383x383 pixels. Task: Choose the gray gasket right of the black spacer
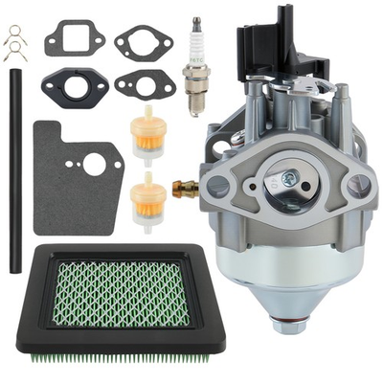(145, 84)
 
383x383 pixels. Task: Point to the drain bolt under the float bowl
(290, 325)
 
